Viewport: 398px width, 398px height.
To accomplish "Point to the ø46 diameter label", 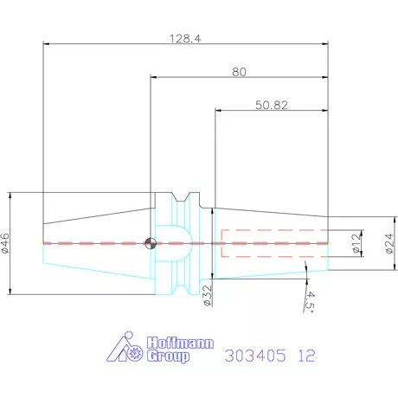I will coord(6,243).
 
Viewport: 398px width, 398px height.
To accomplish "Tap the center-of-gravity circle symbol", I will coord(151,243).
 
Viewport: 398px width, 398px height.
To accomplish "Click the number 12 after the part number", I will coord(305,355).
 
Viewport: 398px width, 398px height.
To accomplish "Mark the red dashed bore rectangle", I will coord(274,243).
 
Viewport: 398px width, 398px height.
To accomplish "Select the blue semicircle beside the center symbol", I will coord(173,243).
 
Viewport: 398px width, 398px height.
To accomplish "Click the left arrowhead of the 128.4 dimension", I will coord(46,45).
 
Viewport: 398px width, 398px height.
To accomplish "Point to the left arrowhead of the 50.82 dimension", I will coord(218,111).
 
